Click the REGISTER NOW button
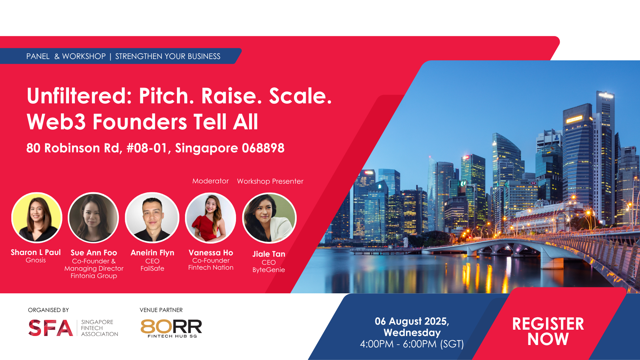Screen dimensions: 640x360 click(548, 331)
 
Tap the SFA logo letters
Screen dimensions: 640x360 click(51, 328)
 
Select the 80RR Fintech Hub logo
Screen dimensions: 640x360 click(171, 328)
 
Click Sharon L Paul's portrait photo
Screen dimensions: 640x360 click(37, 218)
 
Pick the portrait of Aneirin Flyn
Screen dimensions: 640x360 click(152, 218)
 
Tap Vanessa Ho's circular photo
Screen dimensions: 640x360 click(211, 218)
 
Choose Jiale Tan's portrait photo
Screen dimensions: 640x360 click(269, 218)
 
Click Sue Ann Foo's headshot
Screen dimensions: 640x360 click(93, 218)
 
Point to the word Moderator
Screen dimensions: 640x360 click(210, 181)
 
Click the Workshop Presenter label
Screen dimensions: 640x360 click(270, 181)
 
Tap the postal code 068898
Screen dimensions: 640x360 click(263, 148)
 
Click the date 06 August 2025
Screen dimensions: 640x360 click(412, 321)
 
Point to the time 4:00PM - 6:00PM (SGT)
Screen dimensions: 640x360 click(412, 344)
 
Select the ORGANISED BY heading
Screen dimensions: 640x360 click(48, 310)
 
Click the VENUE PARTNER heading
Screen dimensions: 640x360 click(161, 310)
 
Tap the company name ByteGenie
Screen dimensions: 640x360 click(269, 270)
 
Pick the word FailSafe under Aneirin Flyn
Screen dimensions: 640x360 click(152, 268)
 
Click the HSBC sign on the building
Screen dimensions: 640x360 click(528, 183)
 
